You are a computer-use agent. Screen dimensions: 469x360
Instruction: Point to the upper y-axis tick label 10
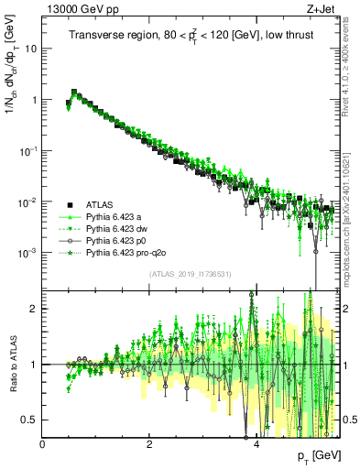[30, 49]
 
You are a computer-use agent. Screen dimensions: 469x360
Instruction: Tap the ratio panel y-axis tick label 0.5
[30, 420]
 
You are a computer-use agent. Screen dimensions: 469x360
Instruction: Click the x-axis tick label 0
[43, 444]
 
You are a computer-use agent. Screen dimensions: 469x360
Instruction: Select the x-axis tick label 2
[149, 444]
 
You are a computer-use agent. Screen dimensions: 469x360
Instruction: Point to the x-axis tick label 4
[256, 444]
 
